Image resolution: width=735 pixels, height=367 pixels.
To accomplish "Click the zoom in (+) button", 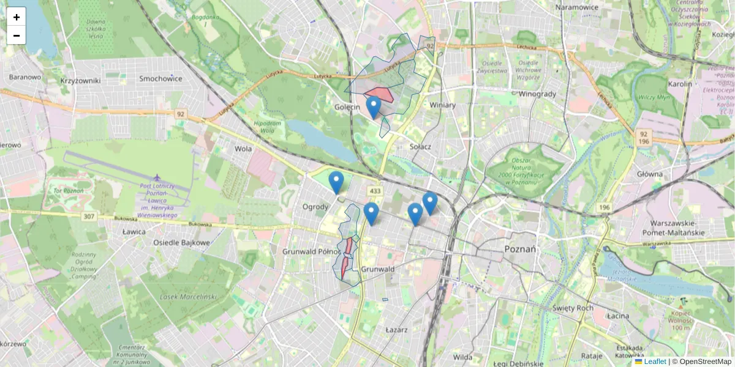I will coord(17,17).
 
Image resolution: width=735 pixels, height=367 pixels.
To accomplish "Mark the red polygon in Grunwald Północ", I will coord(347,257).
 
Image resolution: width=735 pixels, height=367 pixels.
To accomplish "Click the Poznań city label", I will coord(520,249).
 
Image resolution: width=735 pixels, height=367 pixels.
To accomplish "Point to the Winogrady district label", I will coord(537,94).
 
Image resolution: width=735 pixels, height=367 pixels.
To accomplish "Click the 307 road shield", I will coord(89,216).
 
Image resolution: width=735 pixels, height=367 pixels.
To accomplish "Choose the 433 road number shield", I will coord(375,191).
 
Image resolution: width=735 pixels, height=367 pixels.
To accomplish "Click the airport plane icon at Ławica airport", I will coord(158,177).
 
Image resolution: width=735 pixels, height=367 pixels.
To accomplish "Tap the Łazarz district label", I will coord(397,329).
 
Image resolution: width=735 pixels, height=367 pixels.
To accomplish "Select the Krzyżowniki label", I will coord(80,80).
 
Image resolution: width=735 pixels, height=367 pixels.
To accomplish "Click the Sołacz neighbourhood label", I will coord(420,147).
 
